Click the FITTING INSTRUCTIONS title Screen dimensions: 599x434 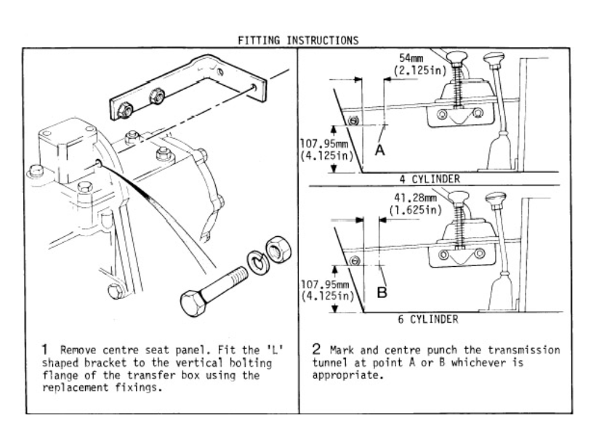click(x=298, y=40)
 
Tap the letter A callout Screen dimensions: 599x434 click(x=379, y=150)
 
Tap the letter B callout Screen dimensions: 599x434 click(x=382, y=292)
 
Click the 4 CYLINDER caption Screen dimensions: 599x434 click(x=430, y=179)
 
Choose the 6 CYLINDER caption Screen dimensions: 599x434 click(x=428, y=319)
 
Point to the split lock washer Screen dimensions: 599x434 click(x=259, y=262)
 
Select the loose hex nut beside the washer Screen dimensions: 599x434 click(x=278, y=250)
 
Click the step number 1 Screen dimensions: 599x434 click(x=45, y=350)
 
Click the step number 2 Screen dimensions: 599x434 click(x=316, y=349)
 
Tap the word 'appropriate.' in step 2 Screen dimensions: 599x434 click(x=347, y=375)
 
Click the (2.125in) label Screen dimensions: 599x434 click(x=420, y=71)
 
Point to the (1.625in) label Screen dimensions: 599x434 click(x=416, y=210)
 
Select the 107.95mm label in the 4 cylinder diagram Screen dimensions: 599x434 click(x=324, y=144)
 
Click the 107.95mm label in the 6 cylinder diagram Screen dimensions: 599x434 click(x=325, y=285)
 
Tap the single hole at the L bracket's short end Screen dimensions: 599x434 click(x=254, y=88)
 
